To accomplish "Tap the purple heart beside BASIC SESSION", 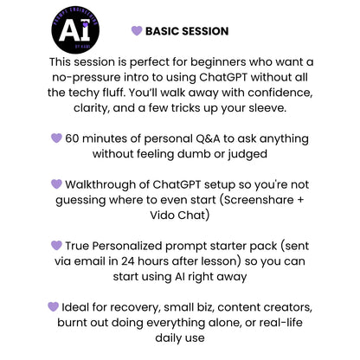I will click(136, 31).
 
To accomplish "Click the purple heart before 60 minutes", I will click(57, 138).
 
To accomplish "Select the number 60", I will click(74, 138).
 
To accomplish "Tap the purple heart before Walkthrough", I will click(56, 184).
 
